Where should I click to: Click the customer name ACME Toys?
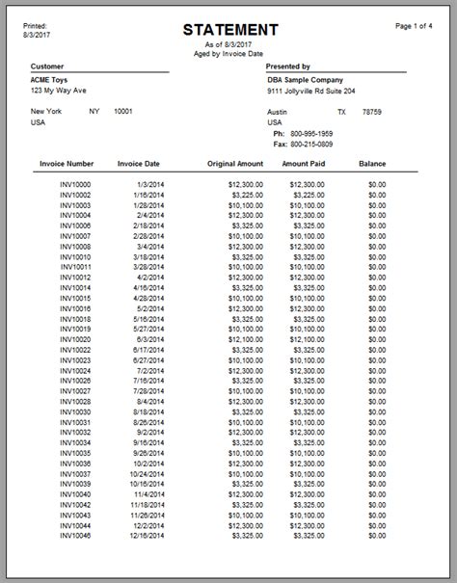[52, 80]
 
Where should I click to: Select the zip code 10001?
[123, 112]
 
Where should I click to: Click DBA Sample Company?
[305, 80]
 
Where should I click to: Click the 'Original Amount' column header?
[235, 165]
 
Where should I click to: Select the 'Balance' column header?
[372, 165]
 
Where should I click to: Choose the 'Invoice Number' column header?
[67, 165]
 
